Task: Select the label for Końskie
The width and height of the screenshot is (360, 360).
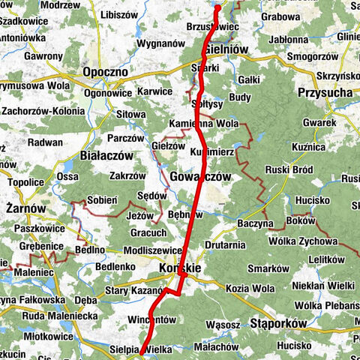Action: click(181, 268)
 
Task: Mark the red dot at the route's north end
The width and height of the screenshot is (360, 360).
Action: click(218, 7)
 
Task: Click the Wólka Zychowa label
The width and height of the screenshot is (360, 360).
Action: click(317, 241)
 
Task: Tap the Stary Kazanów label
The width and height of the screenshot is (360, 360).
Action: click(133, 289)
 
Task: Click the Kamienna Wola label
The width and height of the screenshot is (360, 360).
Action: click(205, 122)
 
